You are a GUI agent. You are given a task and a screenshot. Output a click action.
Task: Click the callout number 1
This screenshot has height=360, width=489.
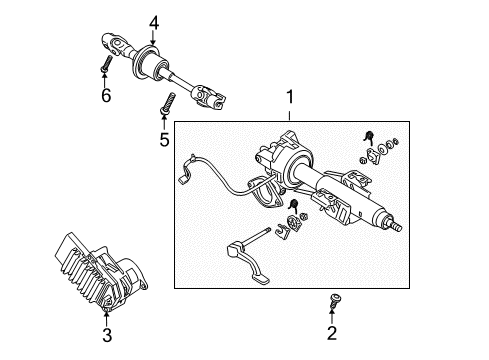click(290, 97)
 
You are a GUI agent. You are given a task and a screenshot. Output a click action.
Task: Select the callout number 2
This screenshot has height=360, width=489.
click(332, 333)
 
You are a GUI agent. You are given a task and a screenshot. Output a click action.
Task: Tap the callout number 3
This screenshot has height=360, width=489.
click(107, 335)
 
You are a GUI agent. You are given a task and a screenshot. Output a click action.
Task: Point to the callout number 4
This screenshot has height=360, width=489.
click(154, 23)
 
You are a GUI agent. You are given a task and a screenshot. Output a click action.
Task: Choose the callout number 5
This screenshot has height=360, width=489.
click(164, 140)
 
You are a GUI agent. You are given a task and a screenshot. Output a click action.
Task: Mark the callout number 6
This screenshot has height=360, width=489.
click(106, 96)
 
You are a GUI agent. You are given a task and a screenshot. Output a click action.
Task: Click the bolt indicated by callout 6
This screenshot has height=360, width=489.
click(106, 63)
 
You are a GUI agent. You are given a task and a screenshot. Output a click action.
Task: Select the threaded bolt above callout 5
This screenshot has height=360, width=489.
click(167, 104)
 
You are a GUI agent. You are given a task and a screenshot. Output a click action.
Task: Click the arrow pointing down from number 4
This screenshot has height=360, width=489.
click(153, 38)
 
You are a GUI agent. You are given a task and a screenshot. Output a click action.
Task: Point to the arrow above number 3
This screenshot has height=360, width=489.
click(107, 318)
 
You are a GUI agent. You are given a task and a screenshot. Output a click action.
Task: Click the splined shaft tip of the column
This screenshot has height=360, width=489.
click(395, 226)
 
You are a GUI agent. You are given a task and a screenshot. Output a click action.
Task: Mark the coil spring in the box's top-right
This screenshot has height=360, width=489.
click(368, 137)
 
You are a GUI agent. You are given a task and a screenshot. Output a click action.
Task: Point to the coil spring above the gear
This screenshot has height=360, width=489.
click(293, 205)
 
